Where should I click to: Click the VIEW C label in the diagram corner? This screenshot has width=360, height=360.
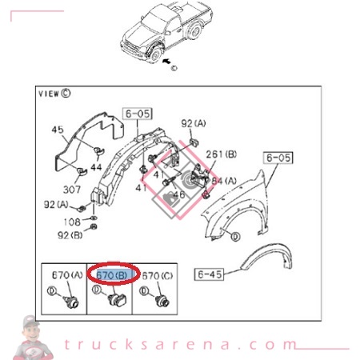click(x=54, y=93)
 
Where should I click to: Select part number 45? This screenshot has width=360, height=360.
click(x=57, y=130)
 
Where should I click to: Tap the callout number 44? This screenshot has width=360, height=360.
click(x=95, y=170)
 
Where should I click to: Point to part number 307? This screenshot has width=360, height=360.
click(x=73, y=190)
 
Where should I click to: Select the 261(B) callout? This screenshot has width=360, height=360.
click(x=217, y=154)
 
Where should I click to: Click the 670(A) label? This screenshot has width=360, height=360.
click(x=66, y=274)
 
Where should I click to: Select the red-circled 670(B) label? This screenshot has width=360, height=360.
click(x=113, y=274)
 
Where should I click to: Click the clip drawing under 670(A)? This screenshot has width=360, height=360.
click(x=70, y=302)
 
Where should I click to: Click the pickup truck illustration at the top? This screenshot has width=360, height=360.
click(x=163, y=32)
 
